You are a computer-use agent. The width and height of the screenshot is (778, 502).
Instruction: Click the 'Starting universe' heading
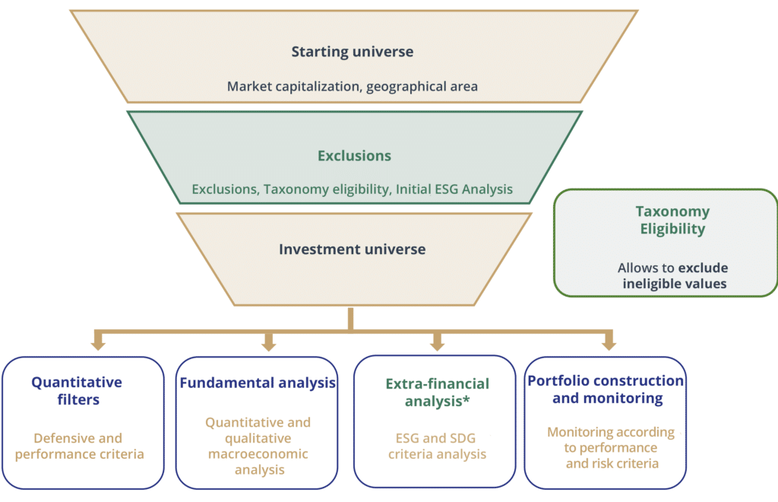click(x=353, y=52)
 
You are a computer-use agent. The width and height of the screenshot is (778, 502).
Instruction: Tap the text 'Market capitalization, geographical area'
click(x=353, y=87)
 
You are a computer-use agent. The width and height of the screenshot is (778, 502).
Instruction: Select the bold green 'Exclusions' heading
click(x=354, y=155)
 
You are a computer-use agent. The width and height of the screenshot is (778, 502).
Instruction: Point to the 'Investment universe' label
click(x=353, y=249)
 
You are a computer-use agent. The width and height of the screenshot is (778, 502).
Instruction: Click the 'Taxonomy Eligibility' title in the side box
click(x=673, y=220)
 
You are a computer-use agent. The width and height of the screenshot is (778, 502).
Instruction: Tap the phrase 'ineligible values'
click(x=675, y=284)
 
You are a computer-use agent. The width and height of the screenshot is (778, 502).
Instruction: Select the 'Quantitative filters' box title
click(x=77, y=391)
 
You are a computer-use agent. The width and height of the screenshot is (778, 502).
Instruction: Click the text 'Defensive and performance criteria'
click(x=79, y=446)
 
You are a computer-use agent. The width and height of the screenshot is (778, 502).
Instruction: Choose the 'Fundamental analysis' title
click(x=258, y=383)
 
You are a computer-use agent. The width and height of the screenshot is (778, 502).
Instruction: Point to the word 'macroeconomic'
click(x=258, y=454)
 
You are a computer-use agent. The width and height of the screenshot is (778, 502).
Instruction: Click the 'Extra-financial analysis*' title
click(x=437, y=392)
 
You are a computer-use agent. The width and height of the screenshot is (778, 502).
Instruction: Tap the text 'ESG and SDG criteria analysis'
click(x=437, y=446)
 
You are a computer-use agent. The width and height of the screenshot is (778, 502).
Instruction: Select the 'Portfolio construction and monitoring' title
click(x=606, y=389)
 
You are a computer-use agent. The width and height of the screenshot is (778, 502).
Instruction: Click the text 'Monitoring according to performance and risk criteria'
click(x=612, y=448)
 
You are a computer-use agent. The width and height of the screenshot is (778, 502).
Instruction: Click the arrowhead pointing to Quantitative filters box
click(x=98, y=344)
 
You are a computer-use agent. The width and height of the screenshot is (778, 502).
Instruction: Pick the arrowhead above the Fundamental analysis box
click(x=269, y=344)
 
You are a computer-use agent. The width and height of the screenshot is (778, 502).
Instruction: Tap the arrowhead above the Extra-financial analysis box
click(x=437, y=344)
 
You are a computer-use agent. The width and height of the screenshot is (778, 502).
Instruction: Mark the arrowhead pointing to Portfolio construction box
click(x=609, y=344)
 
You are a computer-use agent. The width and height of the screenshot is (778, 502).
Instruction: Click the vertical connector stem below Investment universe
click(x=351, y=319)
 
